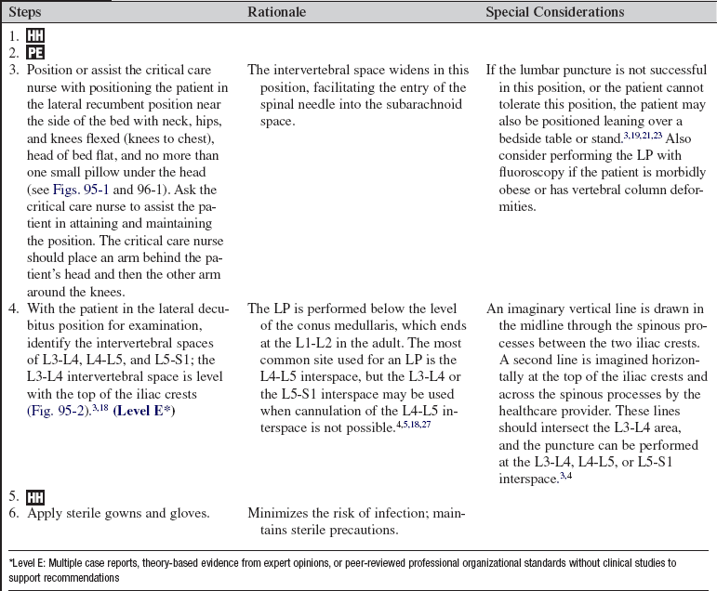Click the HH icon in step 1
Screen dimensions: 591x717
[33, 34]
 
